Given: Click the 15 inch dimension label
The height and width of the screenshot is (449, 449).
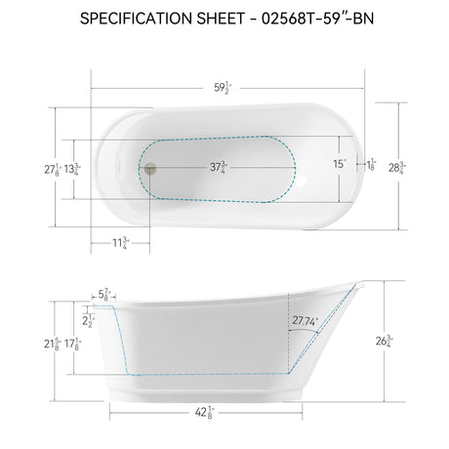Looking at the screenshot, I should click(x=338, y=164).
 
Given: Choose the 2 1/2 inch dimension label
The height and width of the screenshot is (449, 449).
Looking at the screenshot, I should click(x=89, y=319).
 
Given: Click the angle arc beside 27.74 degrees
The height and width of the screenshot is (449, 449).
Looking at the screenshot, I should click(x=310, y=334).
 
